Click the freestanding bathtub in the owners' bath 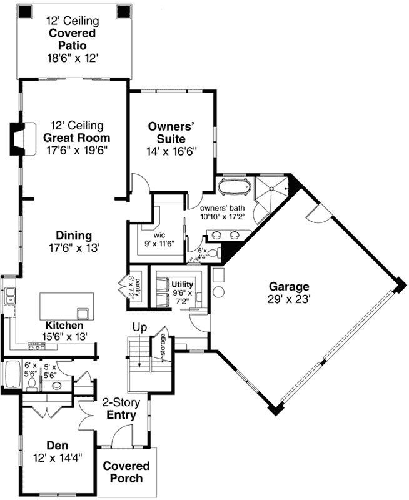[235, 186]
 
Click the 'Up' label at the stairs [139, 327]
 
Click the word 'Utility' [183, 284]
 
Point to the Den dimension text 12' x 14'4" [57, 457]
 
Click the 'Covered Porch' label [126, 472]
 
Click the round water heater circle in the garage [218, 292]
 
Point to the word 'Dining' [74, 236]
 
